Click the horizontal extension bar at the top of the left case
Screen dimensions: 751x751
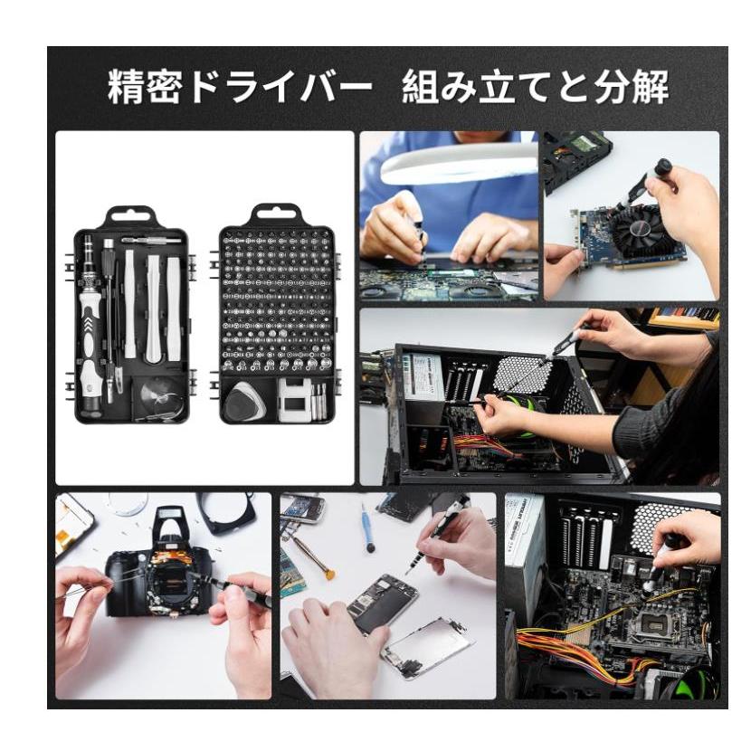point(151,241)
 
